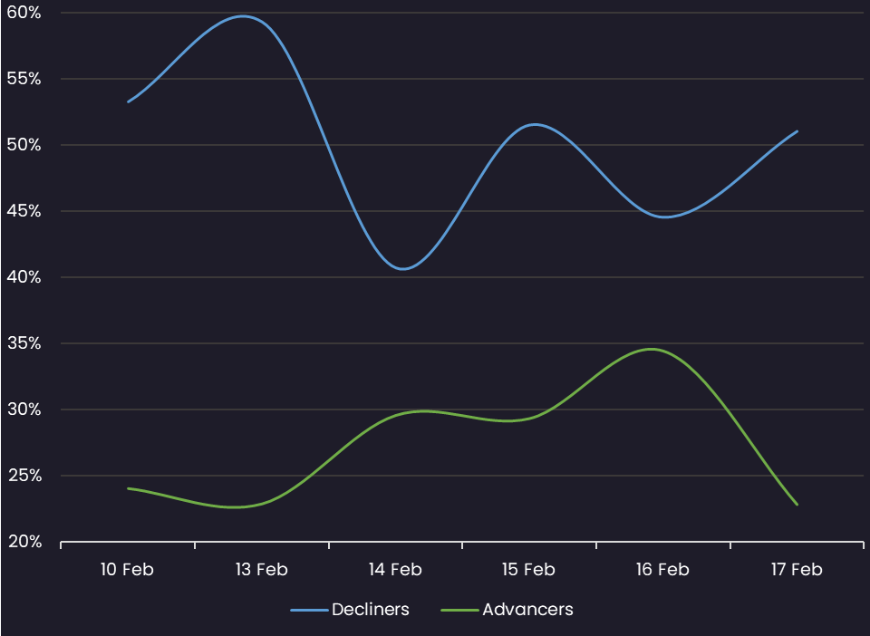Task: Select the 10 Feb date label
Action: (x=128, y=570)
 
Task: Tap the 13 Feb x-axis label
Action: (x=261, y=570)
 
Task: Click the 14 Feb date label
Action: (x=395, y=570)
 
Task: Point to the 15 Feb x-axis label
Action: (x=528, y=570)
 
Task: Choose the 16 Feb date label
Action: (x=662, y=570)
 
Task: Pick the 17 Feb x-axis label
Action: (x=797, y=570)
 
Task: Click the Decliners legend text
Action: (x=371, y=610)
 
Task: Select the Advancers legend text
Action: (x=527, y=610)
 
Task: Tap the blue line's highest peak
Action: (x=243, y=16)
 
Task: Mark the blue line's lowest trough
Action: (x=403, y=269)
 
